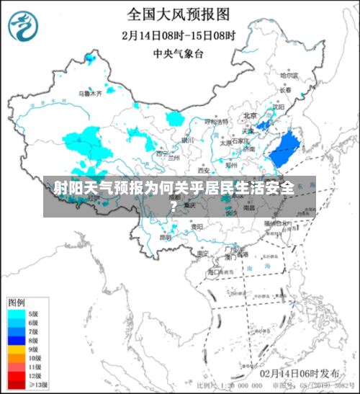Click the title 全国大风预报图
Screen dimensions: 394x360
179,13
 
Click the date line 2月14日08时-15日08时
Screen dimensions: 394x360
179,34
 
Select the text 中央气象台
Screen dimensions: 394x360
179,53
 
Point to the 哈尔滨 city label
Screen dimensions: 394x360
289,75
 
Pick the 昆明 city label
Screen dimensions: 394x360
166,236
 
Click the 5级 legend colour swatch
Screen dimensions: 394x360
17,314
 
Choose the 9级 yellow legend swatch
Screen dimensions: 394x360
17,349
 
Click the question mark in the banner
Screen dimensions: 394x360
174,205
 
